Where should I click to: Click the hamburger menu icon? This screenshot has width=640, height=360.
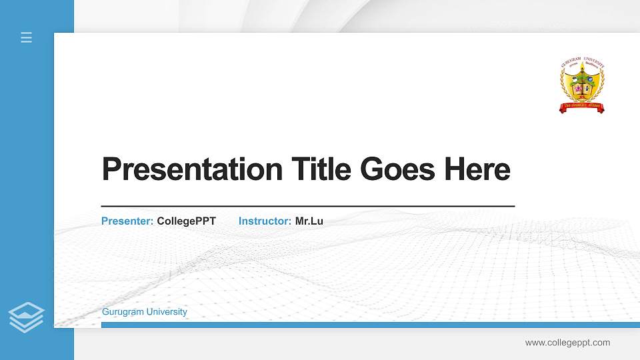26,37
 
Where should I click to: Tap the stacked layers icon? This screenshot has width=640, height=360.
26,317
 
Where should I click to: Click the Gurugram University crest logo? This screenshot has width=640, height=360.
581,85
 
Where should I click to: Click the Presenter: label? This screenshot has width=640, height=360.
127,221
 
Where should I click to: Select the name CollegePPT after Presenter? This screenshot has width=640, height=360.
187,221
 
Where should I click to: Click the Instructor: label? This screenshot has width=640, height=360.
265,221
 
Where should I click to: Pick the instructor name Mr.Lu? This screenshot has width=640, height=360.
309,221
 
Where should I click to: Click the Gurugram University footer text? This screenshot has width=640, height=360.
145,312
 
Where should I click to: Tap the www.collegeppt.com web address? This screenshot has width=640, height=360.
567,343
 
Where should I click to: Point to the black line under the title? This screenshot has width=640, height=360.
307,207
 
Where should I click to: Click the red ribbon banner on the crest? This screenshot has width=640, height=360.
581,106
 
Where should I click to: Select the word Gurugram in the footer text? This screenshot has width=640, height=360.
123,312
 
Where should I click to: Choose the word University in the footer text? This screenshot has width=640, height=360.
167,312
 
